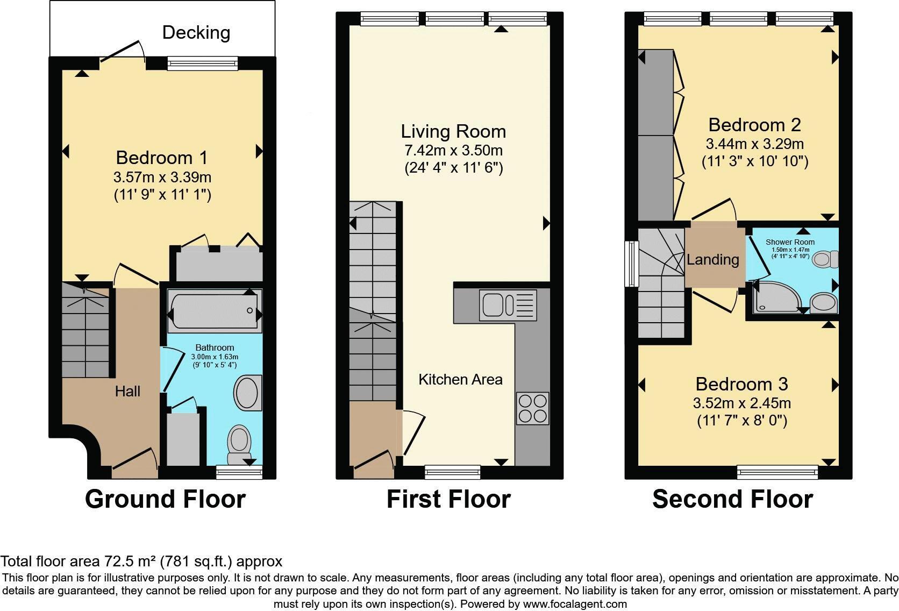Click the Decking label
pyautogui.click(x=196, y=33)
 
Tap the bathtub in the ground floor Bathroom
pyautogui.click(x=215, y=311)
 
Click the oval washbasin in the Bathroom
pyautogui.click(x=248, y=393)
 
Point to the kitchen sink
pyautogui.click(x=508, y=305)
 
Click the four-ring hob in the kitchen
pyautogui.click(x=533, y=408)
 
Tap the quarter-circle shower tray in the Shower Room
pyautogui.click(x=777, y=297)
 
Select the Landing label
pyautogui.click(x=713, y=260)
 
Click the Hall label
pyautogui.click(x=127, y=392)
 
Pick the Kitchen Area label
pyautogui.click(x=460, y=379)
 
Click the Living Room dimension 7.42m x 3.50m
pyautogui.click(x=453, y=151)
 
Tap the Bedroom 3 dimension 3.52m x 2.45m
pyautogui.click(x=742, y=403)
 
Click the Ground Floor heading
pyautogui.click(x=166, y=500)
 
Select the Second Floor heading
pyautogui.click(x=733, y=500)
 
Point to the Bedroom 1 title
pyautogui.click(x=162, y=158)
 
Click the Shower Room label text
pyautogui.click(x=790, y=242)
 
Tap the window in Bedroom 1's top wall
pyautogui.click(x=203, y=63)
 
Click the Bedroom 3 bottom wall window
pyautogui.click(x=777, y=472)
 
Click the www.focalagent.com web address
pyautogui.click(x=575, y=604)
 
